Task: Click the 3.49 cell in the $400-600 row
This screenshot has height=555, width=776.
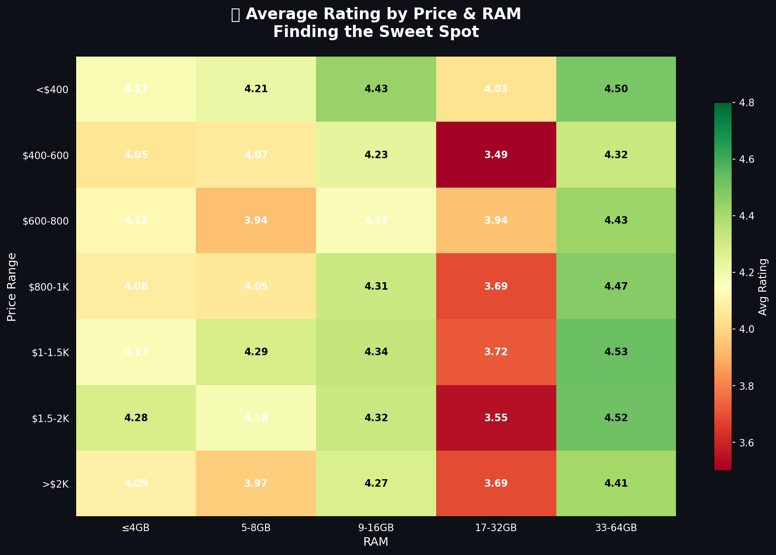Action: pos(496,155)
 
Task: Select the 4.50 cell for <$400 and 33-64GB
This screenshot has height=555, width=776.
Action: pos(616,89)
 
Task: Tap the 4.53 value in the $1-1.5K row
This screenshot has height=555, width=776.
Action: pos(616,352)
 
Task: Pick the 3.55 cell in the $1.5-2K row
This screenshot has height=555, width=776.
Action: pos(496,418)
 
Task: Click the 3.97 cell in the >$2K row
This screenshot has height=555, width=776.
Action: pos(256,483)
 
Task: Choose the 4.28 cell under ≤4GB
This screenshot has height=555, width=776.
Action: pos(136,418)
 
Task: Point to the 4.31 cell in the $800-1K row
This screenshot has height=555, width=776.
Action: pos(376,286)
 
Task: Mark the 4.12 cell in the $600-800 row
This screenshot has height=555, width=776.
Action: pos(136,220)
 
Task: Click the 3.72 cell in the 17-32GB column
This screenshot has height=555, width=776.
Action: pos(496,352)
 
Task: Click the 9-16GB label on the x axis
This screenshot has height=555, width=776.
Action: pos(376,528)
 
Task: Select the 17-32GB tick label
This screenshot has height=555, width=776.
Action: pos(496,528)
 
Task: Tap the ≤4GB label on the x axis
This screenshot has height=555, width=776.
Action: pos(136,528)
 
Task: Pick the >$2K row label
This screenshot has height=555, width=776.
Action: pos(56,484)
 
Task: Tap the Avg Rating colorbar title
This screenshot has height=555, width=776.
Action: pos(763,286)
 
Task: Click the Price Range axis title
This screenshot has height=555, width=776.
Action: pos(12,286)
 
